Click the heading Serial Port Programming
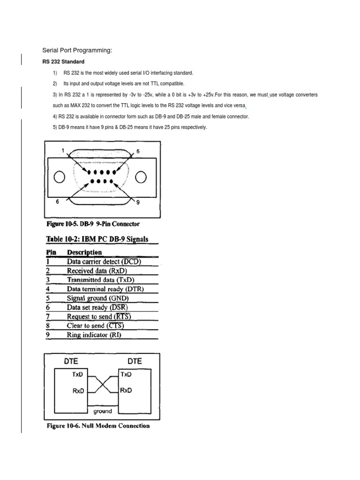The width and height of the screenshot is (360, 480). coord(77,50)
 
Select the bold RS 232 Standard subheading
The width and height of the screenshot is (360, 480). coord(63,62)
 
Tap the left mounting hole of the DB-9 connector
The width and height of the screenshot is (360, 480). coord(59,177)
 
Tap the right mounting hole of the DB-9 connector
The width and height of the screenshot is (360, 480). coord(141,177)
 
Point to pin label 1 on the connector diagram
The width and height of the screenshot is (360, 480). coord(62,150)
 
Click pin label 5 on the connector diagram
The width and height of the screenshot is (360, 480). coord(138,151)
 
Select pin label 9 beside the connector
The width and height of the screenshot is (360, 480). coord(138,202)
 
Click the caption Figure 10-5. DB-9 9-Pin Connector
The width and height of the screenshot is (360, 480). coord(93,224)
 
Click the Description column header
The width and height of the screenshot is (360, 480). coord(84,252)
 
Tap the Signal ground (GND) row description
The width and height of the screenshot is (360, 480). coord(98,298)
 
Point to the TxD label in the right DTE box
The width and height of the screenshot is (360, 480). coord(125,375)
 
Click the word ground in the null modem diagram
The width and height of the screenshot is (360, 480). coord(102,411)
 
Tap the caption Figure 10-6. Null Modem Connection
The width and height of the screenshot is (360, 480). coord(98,426)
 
